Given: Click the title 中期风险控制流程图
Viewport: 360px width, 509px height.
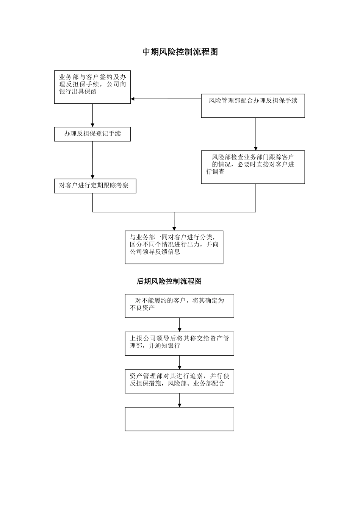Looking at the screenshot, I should click(180, 52).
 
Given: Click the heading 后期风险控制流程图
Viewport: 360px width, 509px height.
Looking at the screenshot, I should click(169, 281).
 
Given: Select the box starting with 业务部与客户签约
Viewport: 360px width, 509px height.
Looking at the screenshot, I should click(92, 87).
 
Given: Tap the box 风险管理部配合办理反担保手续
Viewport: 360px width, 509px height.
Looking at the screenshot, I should click(253, 106).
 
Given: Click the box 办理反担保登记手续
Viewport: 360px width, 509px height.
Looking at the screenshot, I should click(92, 134).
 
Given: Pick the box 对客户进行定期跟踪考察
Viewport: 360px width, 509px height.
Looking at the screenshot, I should click(95, 186).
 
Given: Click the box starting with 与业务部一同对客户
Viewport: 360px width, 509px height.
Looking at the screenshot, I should click(174, 247).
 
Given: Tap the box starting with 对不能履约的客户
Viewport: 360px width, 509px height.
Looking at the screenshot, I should click(179, 306).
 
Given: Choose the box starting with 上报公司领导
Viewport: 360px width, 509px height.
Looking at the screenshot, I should click(179, 343).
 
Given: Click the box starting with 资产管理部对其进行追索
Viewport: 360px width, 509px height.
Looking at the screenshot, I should click(179, 381).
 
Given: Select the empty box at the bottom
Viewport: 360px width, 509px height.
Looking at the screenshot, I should click(179, 419).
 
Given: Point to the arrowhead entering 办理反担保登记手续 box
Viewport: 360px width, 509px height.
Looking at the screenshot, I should click(92, 125).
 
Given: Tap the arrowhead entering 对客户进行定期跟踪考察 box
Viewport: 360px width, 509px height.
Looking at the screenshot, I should click(92, 176).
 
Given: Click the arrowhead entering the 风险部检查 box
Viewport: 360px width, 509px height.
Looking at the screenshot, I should click(255, 148).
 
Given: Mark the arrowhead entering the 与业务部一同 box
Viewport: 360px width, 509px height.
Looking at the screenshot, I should click(174, 228).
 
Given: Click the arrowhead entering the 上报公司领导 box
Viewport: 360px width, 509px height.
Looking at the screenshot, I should click(179, 330).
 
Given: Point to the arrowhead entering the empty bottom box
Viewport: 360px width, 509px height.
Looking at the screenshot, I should click(179, 405).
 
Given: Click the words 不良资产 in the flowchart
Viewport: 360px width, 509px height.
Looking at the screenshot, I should click(142, 308).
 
